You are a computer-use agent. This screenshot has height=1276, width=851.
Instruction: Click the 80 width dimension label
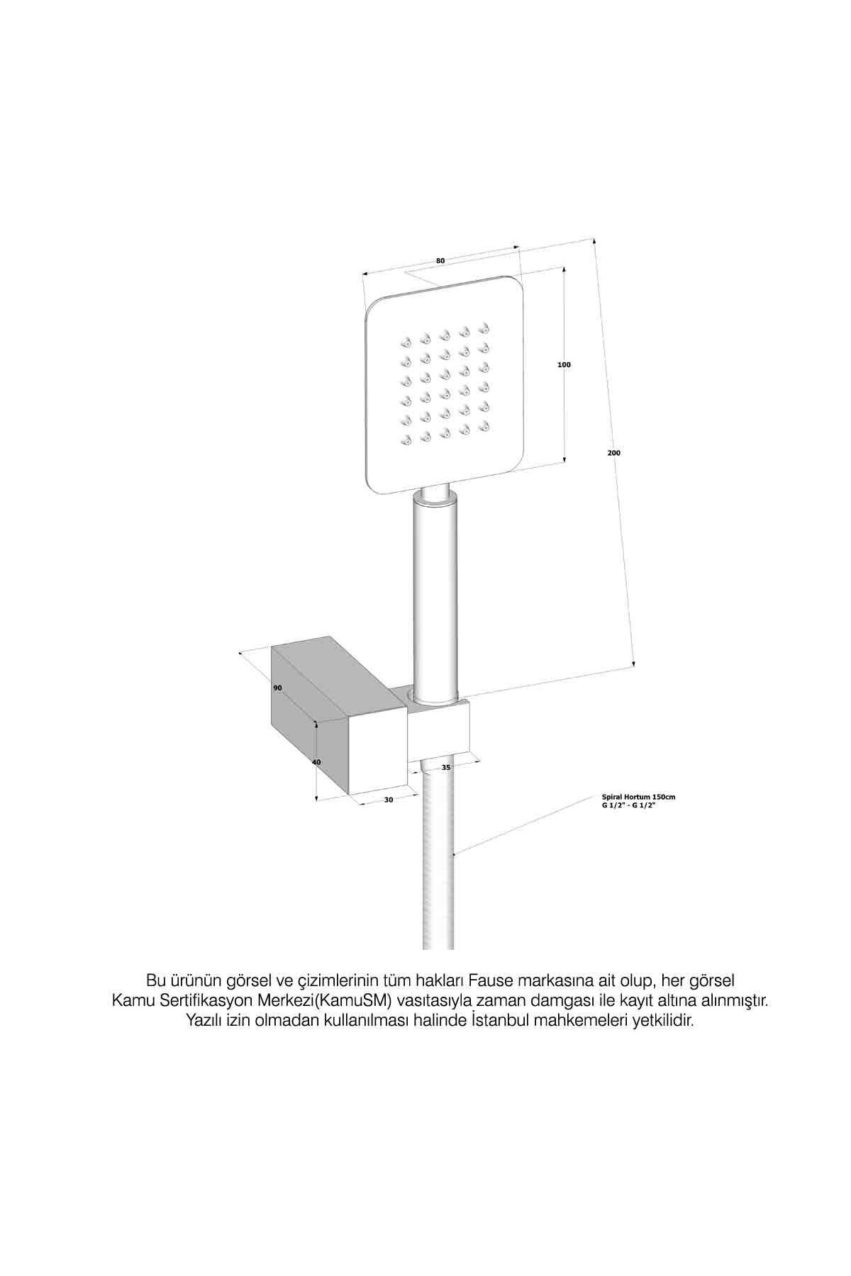coord(440,261)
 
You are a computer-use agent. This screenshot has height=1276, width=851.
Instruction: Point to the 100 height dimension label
coord(564,364)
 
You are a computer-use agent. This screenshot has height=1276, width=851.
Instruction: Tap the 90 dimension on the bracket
coord(277,688)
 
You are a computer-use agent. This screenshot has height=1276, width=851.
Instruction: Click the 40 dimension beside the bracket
coord(316,761)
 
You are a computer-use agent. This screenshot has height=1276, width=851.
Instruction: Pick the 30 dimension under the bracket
coord(388,800)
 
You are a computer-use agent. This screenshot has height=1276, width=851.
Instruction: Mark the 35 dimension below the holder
coord(446,767)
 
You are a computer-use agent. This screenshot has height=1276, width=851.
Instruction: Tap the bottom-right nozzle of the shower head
coord(486,425)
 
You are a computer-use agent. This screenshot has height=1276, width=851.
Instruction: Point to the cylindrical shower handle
coord(435,595)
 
